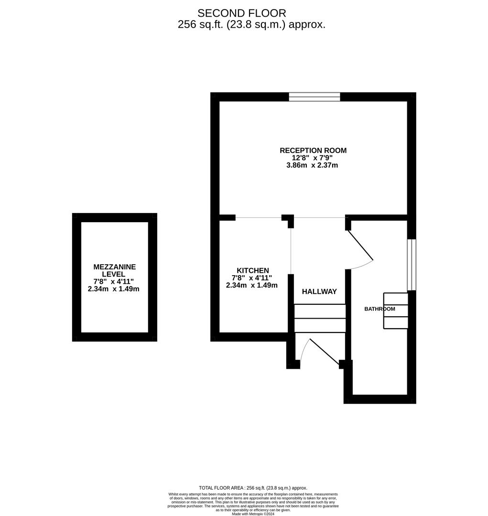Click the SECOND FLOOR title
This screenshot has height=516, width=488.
[242, 13]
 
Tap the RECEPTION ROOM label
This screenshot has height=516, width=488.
[313, 150]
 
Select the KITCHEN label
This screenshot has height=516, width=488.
[253, 270]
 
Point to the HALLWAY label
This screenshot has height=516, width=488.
[319, 291]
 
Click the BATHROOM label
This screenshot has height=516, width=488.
[380, 309]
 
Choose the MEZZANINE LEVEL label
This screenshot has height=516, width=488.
[114, 270]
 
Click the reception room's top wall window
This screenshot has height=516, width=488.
[314, 97]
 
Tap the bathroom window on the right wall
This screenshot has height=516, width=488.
[412, 264]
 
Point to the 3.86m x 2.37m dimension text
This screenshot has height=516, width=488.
[313, 165]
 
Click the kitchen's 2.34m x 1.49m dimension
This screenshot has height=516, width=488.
[252, 285]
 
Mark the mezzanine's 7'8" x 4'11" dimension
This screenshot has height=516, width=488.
[114, 281]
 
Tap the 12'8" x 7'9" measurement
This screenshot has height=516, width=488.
[313, 158]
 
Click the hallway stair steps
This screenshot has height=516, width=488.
[319, 318]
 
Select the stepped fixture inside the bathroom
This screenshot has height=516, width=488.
[396, 311]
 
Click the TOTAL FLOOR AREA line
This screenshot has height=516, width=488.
[253, 488]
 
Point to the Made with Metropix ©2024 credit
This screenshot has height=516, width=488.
[253, 514]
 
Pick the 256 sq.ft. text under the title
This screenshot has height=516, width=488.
[251, 25]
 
